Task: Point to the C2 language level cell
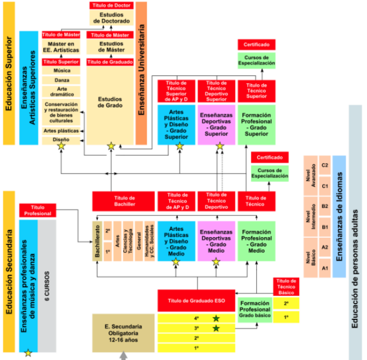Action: [x=325, y=166]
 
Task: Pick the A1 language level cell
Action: [x=325, y=268]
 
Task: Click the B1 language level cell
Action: [x=325, y=227]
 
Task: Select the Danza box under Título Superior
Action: [x=62, y=80]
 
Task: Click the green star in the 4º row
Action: [x=216, y=318]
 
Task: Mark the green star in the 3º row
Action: [x=216, y=328]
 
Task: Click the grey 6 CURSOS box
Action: [x=47, y=286]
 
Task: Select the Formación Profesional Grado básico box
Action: [x=255, y=310]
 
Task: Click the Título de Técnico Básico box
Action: [x=286, y=286]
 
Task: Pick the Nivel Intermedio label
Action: [x=310, y=217]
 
